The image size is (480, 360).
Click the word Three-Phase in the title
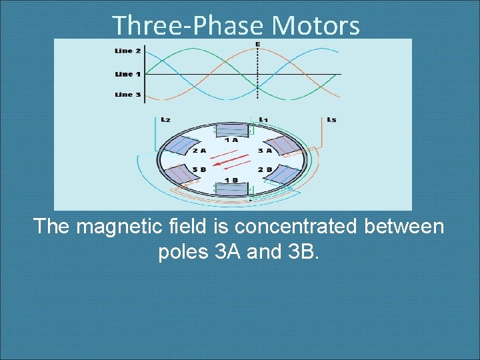[x=189, y=25]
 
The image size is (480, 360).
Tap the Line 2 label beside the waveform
[x=127, y=51]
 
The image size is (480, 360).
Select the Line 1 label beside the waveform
[x=127, y=73]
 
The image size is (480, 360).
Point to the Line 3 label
[x=127, y=95]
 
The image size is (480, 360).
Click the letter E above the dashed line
[x=257, y=44]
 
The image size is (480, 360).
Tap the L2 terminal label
[x=165, y=119]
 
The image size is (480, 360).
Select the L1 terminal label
[x=263, y=119]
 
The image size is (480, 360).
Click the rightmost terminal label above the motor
[x=331, y=119]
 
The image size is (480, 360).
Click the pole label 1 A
[x=231, y=140]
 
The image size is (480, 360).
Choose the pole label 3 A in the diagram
[x=264, y=151]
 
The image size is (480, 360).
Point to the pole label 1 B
[x=231, y=180]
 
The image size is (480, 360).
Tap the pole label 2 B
[x=264, y=169]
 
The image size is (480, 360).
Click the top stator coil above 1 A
[x=231, y=130]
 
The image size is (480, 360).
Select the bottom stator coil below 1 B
[x=231, y=190]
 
